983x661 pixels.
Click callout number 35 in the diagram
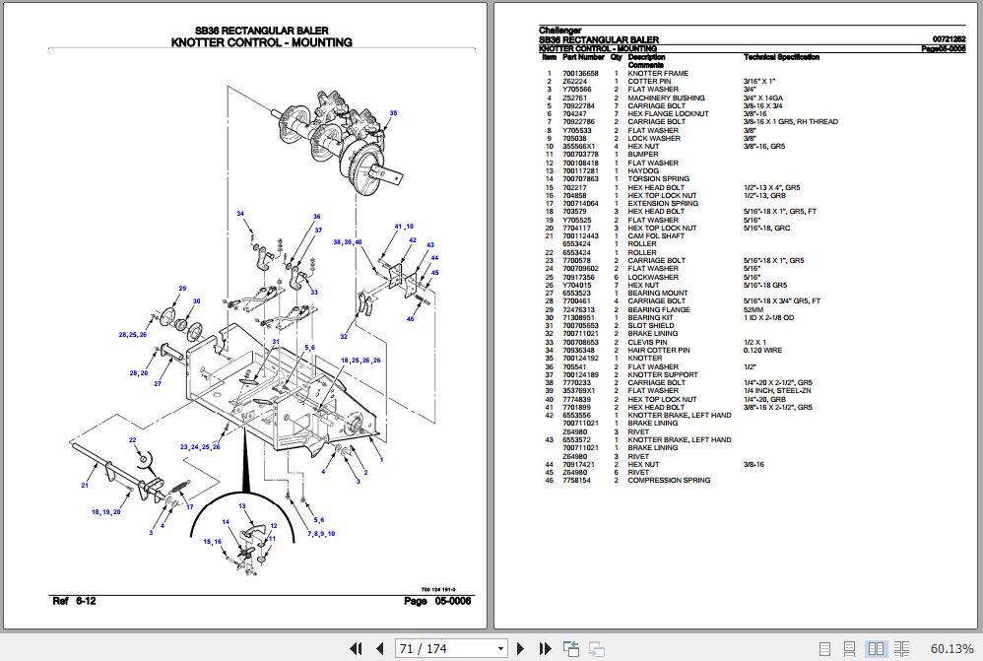click(393, 114)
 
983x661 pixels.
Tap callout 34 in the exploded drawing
click(239, 214)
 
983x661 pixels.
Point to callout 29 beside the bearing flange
click(182, 288)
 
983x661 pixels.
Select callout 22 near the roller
click(133, 439)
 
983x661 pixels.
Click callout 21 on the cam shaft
click(84, 485)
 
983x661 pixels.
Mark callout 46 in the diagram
click(411, 318)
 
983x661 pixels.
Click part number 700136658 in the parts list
click(580, 73)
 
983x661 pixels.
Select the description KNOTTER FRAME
click(658, 73)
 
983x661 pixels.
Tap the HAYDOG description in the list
click(643, 171)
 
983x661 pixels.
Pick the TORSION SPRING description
click(658, 179)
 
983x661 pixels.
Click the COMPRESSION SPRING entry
click(669, 481)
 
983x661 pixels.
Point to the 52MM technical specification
click(754, 309)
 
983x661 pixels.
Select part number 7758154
click(576, 481)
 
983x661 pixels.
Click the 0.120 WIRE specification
click(762, 350)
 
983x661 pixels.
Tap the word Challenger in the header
click(559, 31)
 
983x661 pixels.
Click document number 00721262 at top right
click(949, 39)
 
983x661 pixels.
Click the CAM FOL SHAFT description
click(656, 236)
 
